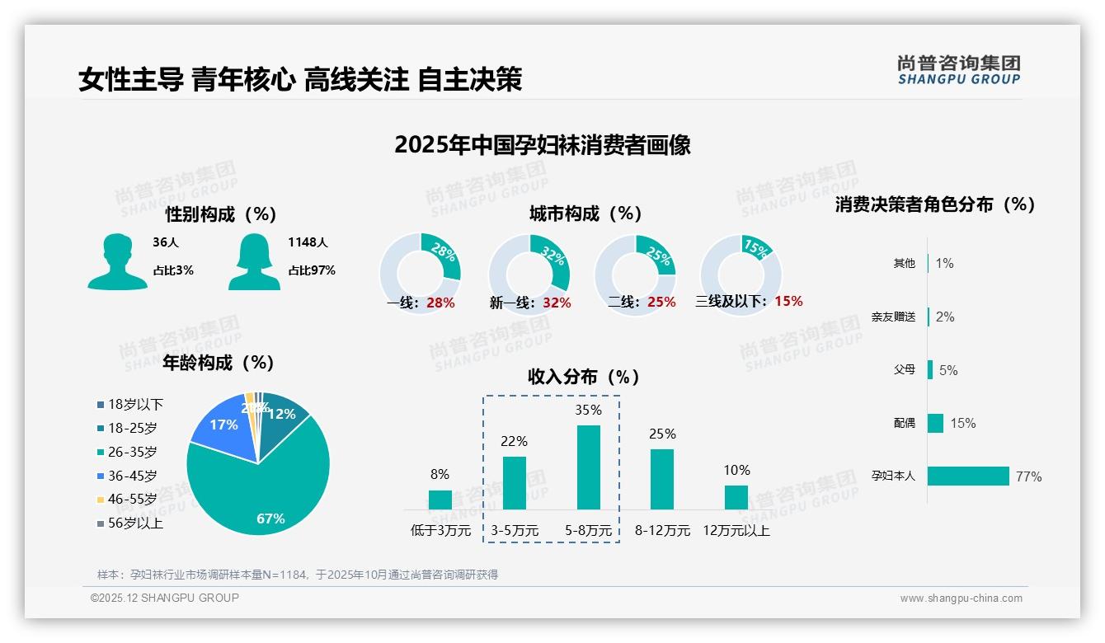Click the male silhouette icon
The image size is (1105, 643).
click(117, 261)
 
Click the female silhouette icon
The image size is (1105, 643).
click(254, 261)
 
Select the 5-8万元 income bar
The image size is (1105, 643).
click(588, 467)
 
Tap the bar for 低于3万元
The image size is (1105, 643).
click(440, 500)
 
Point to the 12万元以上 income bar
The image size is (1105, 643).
click(736, 497)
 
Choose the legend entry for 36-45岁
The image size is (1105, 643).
click(132, 476)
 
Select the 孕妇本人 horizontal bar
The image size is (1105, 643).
click(968, 476)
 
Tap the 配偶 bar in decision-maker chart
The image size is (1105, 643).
click(935, 423)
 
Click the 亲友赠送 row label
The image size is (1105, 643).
click(893, 317)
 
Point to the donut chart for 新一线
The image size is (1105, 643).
click(529, 275)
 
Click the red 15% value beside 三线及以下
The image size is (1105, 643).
click(788, 301)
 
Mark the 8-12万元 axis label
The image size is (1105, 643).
click(662, 531)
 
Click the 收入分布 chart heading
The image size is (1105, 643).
click(584, 377)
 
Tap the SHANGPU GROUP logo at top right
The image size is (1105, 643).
click(958, 69)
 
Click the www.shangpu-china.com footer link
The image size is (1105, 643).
click(961, 598)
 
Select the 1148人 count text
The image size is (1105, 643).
click(308, 242)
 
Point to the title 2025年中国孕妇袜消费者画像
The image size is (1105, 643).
click(542, 145)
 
